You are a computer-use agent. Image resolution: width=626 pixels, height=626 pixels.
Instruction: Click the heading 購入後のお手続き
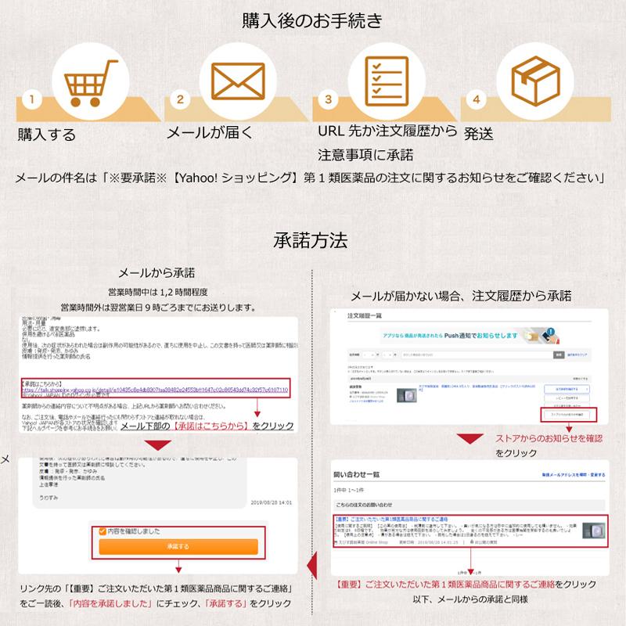[312, 20]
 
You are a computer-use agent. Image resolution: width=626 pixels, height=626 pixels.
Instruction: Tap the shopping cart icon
[83, 77]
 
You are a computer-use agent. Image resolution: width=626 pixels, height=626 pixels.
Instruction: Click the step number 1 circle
[31, 100]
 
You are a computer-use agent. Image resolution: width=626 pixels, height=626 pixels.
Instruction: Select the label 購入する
[47, 134]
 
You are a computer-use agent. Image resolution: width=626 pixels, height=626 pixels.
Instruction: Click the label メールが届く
[206, 132]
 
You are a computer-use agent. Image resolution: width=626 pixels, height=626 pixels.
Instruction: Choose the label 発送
[478, 134]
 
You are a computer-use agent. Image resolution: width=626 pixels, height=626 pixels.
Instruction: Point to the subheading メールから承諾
[156, 273]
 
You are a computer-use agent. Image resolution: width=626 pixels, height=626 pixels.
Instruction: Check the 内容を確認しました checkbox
[102, 531]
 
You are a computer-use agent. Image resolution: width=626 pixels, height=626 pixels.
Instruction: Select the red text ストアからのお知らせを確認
[549, 437]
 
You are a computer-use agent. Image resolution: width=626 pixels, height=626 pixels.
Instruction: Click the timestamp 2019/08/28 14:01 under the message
[271, 502]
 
